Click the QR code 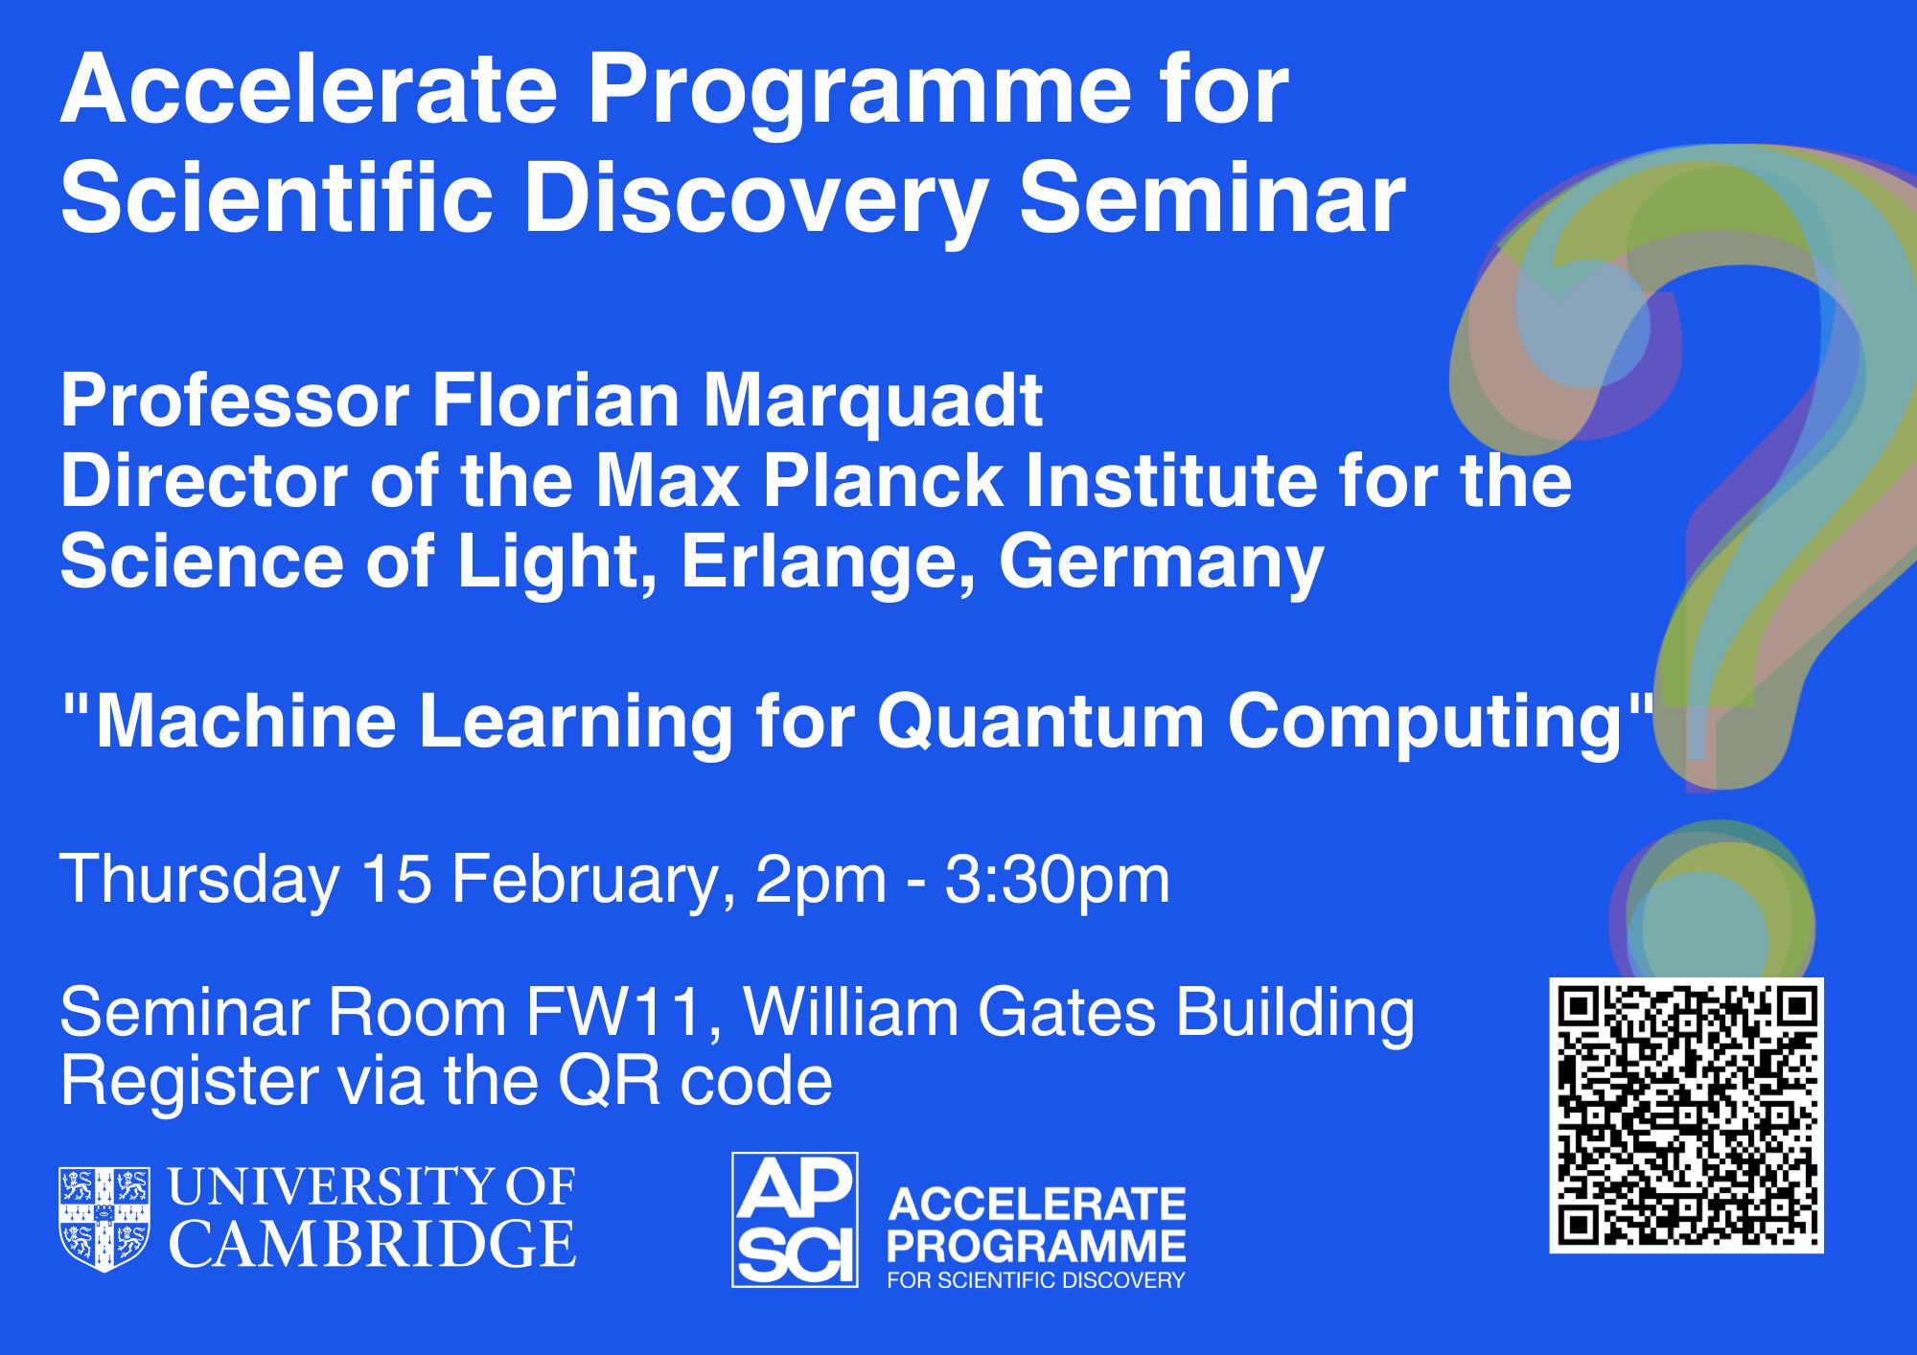pyautogui.click(x=1686, y=1115)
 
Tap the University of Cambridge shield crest pyautogui.click(x=104, y=1219)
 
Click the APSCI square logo pyautogui.click(x=795, y=1219)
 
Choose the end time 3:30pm pyautogui.click(x=1057, y=881)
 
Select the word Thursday pyautogui.click(x=199, y=881)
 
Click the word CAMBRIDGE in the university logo pyautogui.click(x=373, y=1244)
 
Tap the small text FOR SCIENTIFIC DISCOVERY pyautogui.click(x=1036, y=1279)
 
